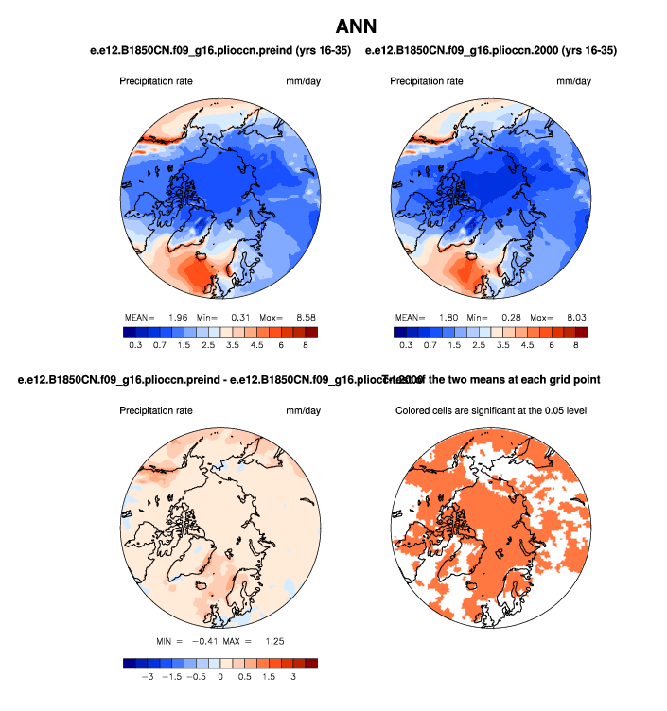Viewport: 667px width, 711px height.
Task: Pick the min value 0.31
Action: (241, 316)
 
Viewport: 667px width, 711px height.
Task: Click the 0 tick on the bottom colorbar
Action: (220, 677)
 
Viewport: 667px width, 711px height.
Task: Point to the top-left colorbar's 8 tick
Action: (306, 345)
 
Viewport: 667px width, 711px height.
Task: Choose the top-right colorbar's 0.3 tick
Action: (406, 345)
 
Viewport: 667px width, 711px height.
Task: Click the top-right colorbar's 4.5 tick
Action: (527, 345)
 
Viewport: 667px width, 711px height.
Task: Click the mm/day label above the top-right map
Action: (573, 81)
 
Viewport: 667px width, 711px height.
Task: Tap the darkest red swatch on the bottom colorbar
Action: (311, 664)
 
